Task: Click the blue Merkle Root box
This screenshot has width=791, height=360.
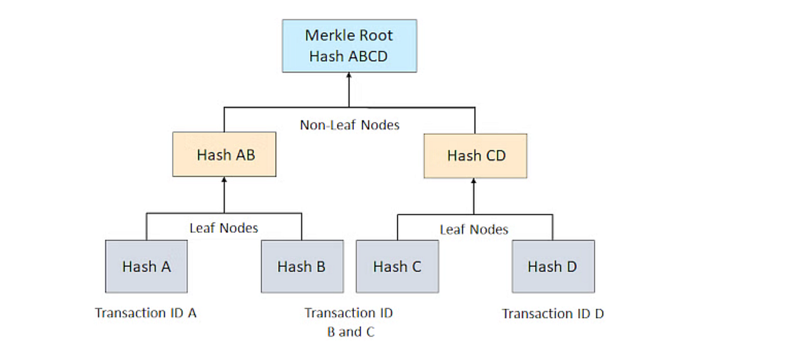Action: tap(349, 45)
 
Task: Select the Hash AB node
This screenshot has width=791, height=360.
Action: tap(224, 155)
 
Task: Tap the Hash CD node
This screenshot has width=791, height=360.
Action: tap(475, 156)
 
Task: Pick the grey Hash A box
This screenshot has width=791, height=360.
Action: tap(146, 266)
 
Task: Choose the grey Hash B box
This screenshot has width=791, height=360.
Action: tap(302, 266)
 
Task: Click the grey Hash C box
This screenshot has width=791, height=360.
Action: tap(397, 266)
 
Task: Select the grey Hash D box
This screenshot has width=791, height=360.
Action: tap(552, 266)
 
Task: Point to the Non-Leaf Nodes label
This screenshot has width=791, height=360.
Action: tap(349, 125)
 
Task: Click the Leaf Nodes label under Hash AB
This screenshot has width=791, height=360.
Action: tap(224, 228)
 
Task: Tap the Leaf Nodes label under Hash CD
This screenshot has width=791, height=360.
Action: tap(474, 229)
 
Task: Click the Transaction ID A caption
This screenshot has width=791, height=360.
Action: tap(146, 313)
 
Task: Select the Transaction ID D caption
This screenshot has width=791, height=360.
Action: tap(552, 314)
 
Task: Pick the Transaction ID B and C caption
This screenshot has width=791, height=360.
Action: tap(349, 322)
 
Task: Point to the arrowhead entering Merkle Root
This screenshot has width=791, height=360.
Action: tap(349, 76)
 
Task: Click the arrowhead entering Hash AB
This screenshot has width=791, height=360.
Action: tap(224, 181)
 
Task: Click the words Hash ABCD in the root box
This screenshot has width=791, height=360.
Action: tap(349, 57)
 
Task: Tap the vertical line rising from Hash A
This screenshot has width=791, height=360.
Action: tap(146, 227)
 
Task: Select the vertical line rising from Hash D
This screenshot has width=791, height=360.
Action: tap(552, 228)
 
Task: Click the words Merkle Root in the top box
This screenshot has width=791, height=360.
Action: tap(349, 35)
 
